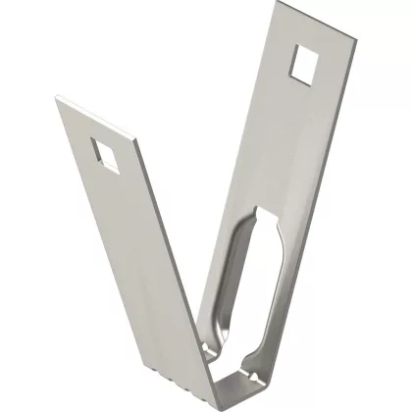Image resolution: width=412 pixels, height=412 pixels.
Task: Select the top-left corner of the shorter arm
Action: click(x=56, y=96)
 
